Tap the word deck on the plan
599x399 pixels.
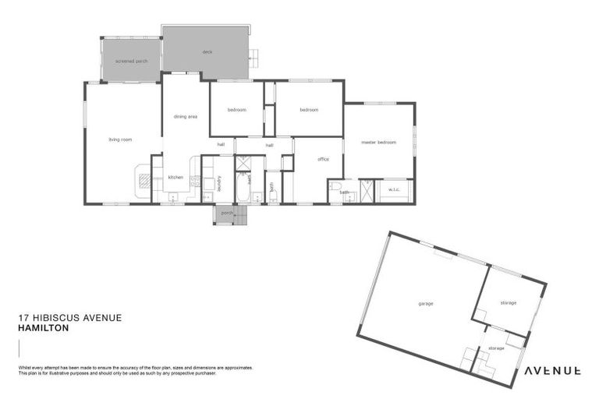pos(207,52)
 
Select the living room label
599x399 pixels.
pos(120,139)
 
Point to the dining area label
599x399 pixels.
pos(185,116)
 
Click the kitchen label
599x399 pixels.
pos(175,177)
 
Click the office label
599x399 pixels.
pos(323,159)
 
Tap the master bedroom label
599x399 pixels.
pos(378,143)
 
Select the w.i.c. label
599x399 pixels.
pos(393,189)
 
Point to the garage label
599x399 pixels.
pos(425,303)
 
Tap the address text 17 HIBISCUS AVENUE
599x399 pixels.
pos(69,318)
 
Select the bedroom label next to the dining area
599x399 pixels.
pos(236,110)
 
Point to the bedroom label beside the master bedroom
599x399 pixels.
pos(309,110)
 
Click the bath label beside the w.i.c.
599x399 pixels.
pos(344,192)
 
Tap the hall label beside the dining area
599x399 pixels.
pos(221,144)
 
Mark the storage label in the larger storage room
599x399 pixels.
pos(508,302)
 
